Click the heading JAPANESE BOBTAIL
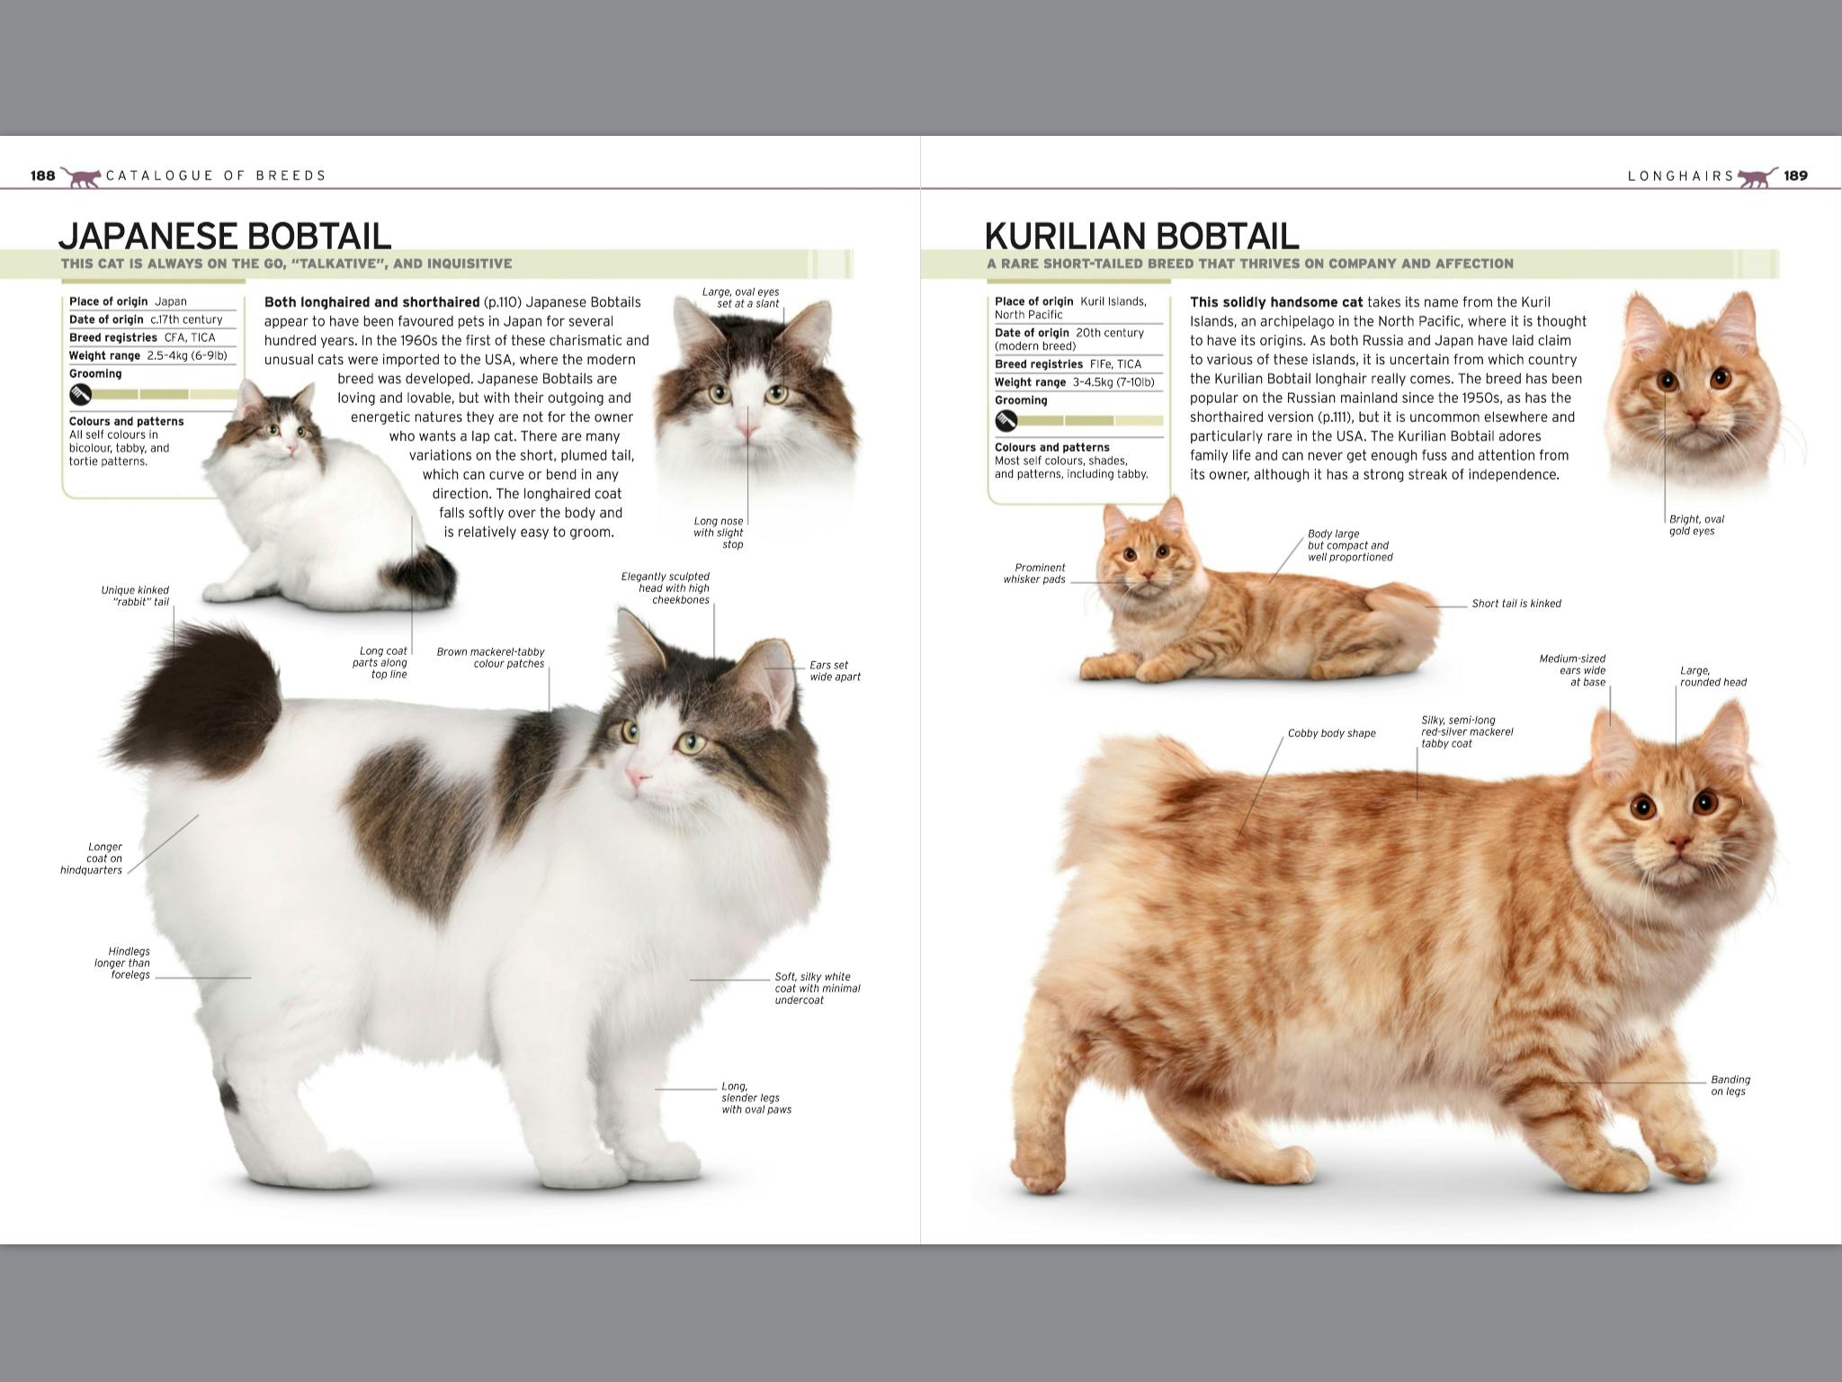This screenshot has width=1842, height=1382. click(225, 236)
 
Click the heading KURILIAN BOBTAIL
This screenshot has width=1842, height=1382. click(1141, 236)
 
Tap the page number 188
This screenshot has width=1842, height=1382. click(42, 175)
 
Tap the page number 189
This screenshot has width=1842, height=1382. click(1795, 175)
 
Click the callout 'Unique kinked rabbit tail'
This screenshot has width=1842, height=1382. click(135, 596)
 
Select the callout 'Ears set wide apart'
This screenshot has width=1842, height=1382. click(834, 671)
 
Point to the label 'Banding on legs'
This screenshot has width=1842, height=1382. click(1730, 1085)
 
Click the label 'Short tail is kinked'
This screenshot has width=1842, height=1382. click(1516, 604)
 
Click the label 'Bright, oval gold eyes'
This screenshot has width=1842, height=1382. click(1695, 525)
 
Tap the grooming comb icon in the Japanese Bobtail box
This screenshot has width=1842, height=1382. click(81, 394)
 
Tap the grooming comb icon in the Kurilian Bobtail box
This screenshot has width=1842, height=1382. click(1006, 420)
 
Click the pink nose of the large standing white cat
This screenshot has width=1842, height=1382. click(635, 777)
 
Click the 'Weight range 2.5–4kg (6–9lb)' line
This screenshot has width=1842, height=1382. click(148, 355)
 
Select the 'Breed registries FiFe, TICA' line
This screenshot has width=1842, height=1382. click(1068, 364)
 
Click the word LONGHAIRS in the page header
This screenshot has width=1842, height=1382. click(1680, 176)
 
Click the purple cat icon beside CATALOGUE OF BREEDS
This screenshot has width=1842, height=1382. click(82, 176)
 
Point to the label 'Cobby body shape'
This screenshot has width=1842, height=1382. click(1331, 733)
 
